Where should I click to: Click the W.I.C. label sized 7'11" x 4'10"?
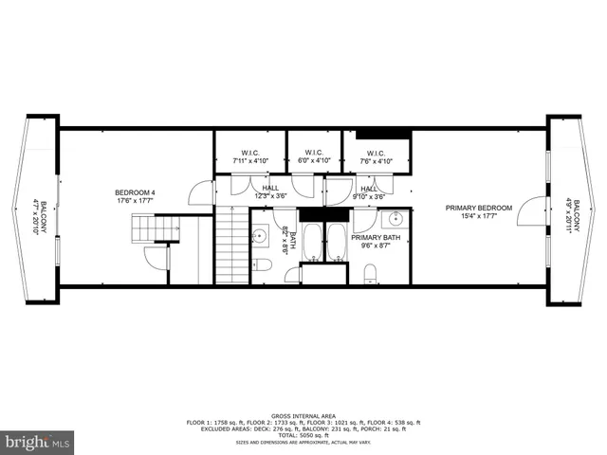click(x=251, y=153)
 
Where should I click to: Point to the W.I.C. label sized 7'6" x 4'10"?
click(x=376, y=153)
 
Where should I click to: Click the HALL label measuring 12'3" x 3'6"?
click(x=269, y=189)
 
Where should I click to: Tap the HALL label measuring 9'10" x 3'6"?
click(x=370, y=189)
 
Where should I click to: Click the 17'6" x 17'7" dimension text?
click(x=135, y=200)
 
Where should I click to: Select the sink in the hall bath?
click(x=260, y=235)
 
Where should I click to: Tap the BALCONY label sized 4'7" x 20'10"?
click(x=36, y=216)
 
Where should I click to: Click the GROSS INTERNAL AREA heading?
click(x=303, y=416)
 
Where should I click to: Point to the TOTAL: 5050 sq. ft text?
click(x=303, y=433)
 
